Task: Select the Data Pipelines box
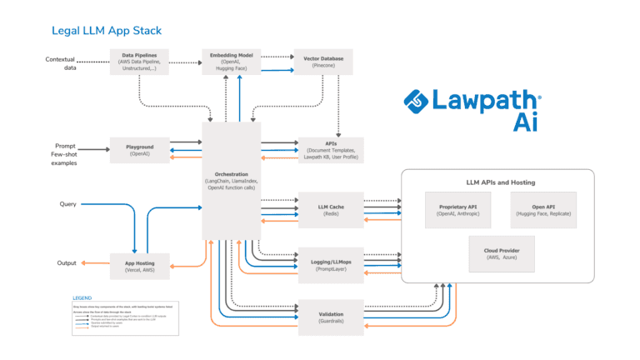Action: coord(139,61)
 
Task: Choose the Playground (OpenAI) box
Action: coord(139,150)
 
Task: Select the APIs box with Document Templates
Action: coord(331,149)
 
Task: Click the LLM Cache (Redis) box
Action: coord(331,208)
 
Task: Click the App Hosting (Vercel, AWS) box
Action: coord(139,262)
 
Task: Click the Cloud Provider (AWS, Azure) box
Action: coord(500,253)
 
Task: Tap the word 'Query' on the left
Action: coord(67,203)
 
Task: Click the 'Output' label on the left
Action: coord(67,262)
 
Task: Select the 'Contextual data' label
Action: coord(60,62)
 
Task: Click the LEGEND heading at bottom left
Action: coord(82,297)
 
